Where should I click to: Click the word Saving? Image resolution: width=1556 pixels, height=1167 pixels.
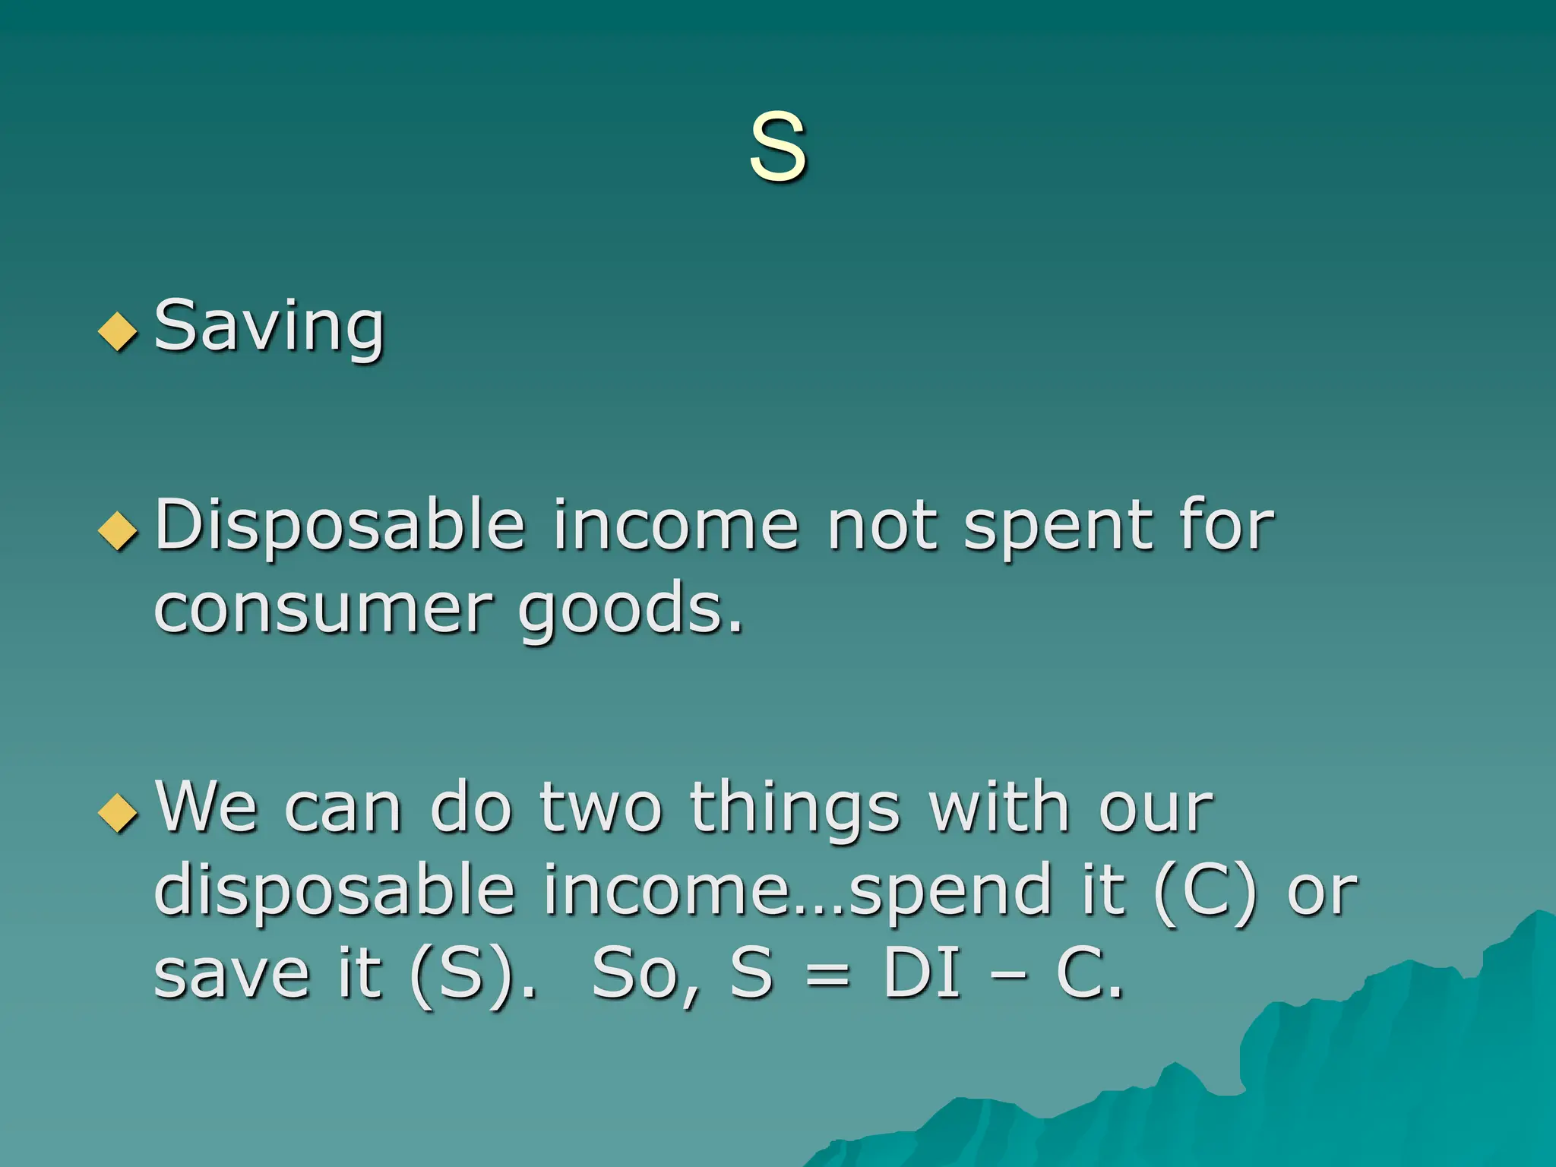(x=269, y=327)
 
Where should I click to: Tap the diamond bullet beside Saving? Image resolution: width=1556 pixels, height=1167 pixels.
(x=118, y=331)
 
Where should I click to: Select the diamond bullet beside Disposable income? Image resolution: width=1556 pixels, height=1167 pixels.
(x=118, y=530)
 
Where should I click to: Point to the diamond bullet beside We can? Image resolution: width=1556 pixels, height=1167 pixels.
(x=118, y=813)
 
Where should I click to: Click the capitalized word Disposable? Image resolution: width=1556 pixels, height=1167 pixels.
(x=340, y=526)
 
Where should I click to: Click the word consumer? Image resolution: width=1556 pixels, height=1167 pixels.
(x=323, y=609)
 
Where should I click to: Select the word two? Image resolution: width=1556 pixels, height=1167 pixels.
(x=600, y=808)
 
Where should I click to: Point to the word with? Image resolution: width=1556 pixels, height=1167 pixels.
(x=999, y=807)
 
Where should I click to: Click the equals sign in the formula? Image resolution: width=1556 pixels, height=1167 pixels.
(x=827, y=976)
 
